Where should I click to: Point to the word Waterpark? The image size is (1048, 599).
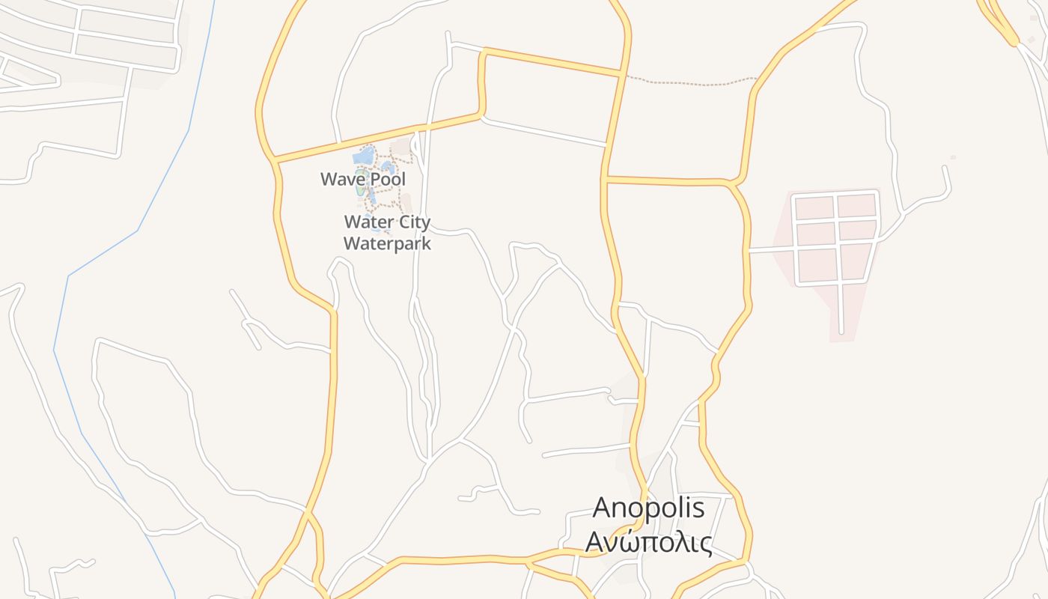click(x=387, y=243)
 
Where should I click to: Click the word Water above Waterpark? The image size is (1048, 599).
click(x=366, y=222)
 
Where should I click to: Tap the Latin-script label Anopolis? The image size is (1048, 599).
click(x=648, y=508)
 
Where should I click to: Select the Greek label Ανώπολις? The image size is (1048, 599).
click(x=648, y=541)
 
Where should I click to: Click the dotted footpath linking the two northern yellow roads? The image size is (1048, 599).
click(x=689, y=82)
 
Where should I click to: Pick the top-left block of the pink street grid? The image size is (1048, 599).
click(x=814, y=207)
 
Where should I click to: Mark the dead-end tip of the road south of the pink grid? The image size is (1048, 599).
click(x=841, y=332)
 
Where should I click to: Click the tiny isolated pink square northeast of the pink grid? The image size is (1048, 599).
click(x=953, y=157)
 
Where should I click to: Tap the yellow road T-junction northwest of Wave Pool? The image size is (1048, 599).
click(x=275, y=159)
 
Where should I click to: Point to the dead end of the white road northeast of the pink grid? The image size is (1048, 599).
click(x=945, y=168)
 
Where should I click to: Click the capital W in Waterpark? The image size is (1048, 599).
click(x=350, y=243)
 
